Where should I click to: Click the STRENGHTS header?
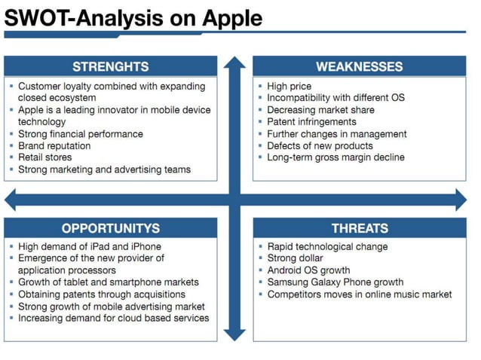pos(110,66)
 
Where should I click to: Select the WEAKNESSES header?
pos(359,66)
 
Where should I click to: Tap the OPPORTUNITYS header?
pos(110,228)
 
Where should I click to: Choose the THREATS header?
pos(360,228)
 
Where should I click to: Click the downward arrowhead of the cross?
pos(234,331)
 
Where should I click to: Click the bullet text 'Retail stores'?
pos(45,157)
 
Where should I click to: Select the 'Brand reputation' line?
pos(54,145)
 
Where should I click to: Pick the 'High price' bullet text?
pos(289,87)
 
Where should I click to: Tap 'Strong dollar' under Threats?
pos(295,258)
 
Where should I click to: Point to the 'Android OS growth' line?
pos(308,270)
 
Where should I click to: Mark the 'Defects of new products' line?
pos(320,145)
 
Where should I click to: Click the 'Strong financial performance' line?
pos(80,134)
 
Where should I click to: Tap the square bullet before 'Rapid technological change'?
pos(260,246)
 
